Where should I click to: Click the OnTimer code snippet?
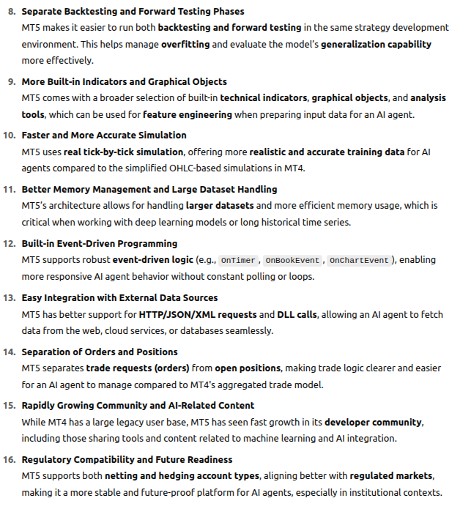point(238,260)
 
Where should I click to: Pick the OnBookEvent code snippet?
point(292,260)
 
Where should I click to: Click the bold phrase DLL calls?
point(297,314)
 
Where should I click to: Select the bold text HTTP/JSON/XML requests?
point(199,314)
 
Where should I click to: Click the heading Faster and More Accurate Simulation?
point(104,135)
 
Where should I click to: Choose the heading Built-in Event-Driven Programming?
point(99,243)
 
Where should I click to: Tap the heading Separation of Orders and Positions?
point(100,352)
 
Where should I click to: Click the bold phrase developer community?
point(373,422)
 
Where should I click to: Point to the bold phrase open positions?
point(248,368)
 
